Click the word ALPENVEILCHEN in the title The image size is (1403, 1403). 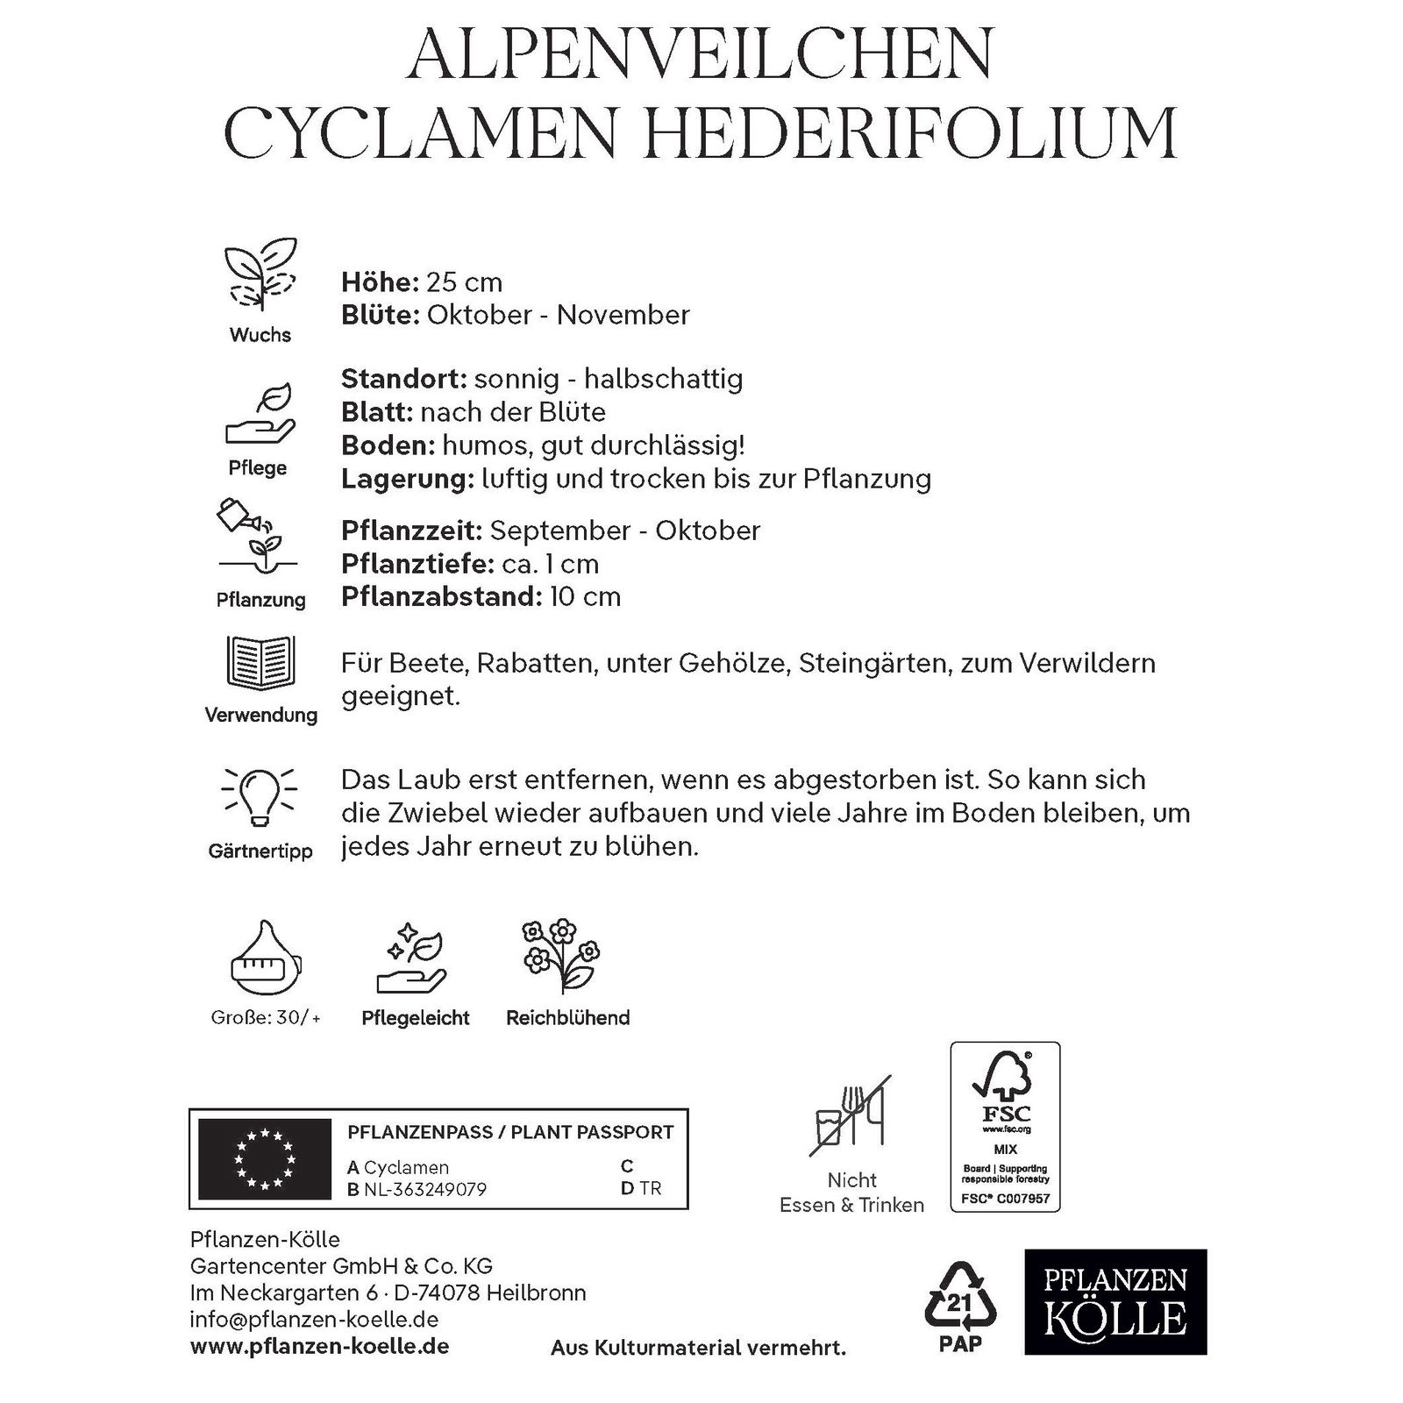pos(701,54)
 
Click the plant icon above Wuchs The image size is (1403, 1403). pos(260,274)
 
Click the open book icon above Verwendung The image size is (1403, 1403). pos(260,662)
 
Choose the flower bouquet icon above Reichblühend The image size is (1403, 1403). pos(560,958)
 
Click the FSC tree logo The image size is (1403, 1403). pos(1005,1087)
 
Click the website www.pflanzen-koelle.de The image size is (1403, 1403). pos(319,1346)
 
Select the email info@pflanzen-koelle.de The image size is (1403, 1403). pos(314,1319)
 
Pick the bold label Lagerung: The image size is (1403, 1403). pos(407,479)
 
